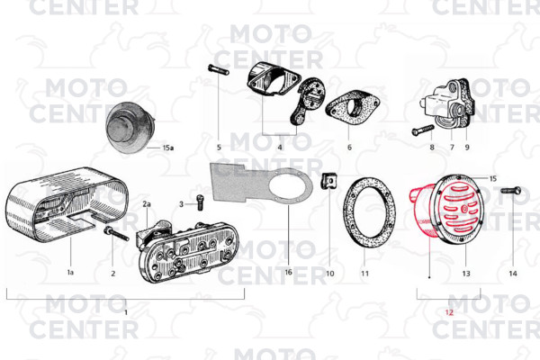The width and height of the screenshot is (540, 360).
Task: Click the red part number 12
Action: (449, 312)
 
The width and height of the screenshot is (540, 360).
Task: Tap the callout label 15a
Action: (168, 148)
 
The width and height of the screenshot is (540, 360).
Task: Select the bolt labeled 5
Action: (219, 70)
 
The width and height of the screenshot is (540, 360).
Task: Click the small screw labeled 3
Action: (200, 202)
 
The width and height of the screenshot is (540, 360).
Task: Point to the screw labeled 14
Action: (510, 190)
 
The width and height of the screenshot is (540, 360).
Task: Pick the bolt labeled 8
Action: (423, 130)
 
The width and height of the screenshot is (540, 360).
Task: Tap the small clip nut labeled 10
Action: (329, 181)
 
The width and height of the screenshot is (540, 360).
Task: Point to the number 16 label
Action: (289, 273)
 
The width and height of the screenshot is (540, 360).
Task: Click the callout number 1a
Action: (70, 273)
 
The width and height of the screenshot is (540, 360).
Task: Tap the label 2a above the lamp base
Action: (147, 204)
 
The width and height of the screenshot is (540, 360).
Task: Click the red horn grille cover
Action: (457, 211)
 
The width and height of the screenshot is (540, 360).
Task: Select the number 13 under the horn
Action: (466, 274)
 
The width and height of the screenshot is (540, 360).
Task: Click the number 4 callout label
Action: (280, 148)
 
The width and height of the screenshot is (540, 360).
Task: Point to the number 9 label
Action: (467, 148)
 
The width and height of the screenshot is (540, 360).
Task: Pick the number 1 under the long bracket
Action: (126, 312)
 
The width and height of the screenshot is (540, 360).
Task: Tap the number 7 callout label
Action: (452, 148)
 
